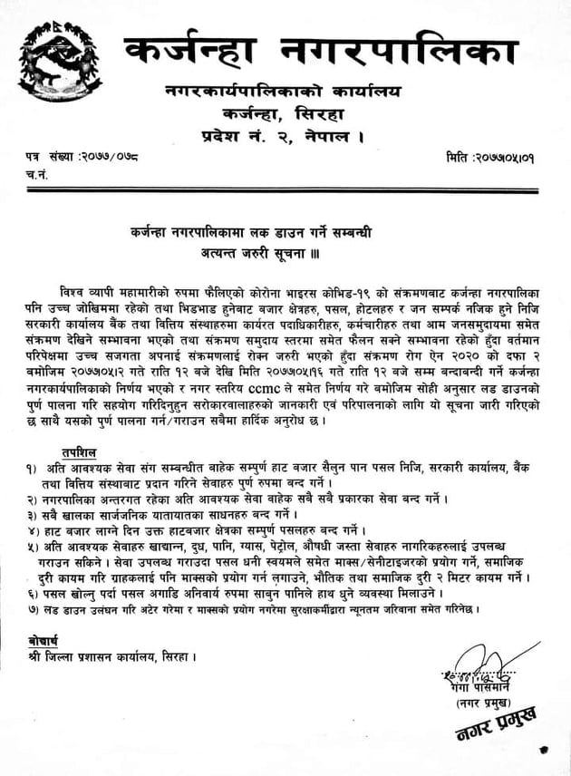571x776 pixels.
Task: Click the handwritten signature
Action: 477,667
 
